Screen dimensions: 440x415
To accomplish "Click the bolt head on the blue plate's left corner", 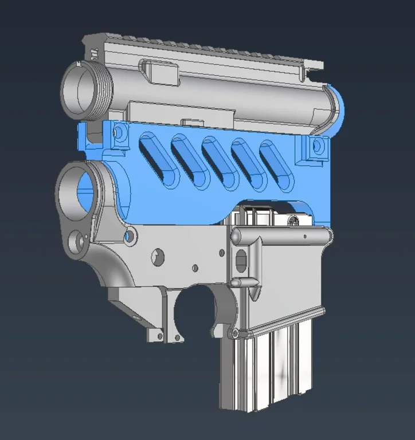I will (119, 132).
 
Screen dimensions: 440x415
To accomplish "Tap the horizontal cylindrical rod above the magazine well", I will (281, 235).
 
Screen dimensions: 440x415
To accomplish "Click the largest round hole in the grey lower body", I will (156, 257).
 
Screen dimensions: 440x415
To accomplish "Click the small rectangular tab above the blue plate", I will (193, 121).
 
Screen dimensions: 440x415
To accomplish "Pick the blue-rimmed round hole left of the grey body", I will (131, 235).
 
